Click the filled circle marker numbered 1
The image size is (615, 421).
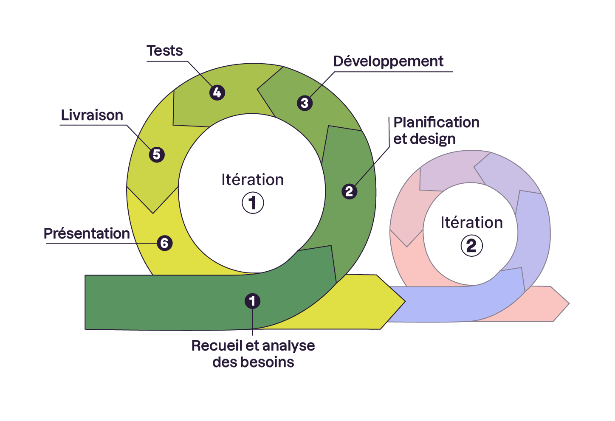click(252, 301)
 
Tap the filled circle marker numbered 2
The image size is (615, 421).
click(349, 191)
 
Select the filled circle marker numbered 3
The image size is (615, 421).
click(305, 103)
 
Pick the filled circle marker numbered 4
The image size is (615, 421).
click(217, 93)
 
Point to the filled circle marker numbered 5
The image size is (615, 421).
click(157, 154)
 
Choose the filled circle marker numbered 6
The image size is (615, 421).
click(164, 243)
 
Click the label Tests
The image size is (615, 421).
click(165, 51)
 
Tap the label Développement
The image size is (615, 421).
click(388, 62)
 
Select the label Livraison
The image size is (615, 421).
click(92, 115)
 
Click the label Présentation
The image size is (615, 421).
click(87, 234)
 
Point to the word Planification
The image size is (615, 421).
click(436, 123)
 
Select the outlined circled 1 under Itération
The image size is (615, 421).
click(253, 203)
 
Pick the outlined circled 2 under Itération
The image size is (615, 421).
click(471, 246)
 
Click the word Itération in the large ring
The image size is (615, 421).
click(252, 180)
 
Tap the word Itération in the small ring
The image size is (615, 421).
click(471, 223)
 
